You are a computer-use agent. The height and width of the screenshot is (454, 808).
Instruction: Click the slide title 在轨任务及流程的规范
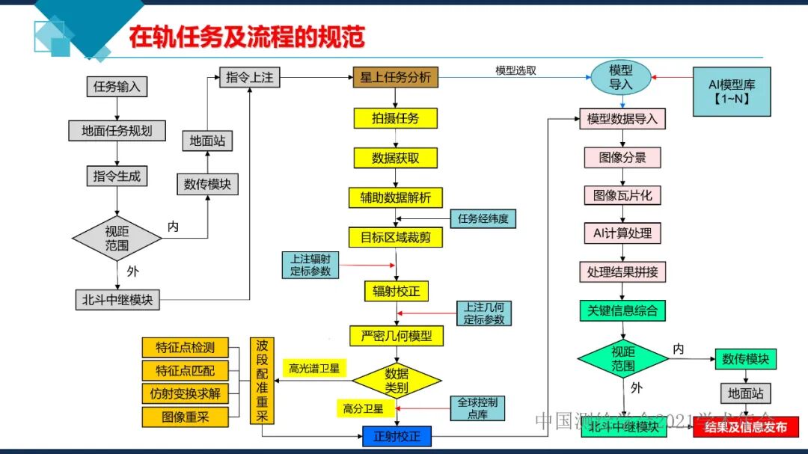coord(246,37)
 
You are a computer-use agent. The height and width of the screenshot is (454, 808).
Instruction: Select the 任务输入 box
coord(117,86)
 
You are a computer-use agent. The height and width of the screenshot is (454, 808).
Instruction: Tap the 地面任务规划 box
coord(117,131)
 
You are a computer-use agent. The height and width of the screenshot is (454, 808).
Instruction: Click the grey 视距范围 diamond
coord(117,239)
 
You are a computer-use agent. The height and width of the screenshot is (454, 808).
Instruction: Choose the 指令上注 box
coord(248,77)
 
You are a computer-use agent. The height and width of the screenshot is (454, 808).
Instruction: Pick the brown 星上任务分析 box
coord(396,77)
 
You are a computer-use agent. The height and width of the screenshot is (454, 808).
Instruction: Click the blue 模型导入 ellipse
coord(621,78)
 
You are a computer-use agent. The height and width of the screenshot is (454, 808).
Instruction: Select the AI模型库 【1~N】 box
coord(732,91)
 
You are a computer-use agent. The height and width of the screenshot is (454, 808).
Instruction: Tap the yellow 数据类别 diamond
coord(397,380)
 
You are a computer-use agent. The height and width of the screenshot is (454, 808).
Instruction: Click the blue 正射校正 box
coord(397,436)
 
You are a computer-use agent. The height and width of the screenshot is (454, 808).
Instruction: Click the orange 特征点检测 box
coord(185,348)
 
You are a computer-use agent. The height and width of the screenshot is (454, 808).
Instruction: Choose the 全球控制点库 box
coord(477,408)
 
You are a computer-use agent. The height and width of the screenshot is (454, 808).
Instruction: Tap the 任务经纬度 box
coord(483,219)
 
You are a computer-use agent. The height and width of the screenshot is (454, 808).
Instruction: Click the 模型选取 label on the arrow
coord(515,71)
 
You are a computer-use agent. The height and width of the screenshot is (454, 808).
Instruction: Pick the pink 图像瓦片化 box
coord(622,195)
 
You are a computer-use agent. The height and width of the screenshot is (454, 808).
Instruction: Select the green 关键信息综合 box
coord(622,310)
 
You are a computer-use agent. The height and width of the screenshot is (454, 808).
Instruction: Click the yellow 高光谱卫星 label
coord(314,368)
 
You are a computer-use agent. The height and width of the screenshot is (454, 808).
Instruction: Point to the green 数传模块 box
coord(745,359)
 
